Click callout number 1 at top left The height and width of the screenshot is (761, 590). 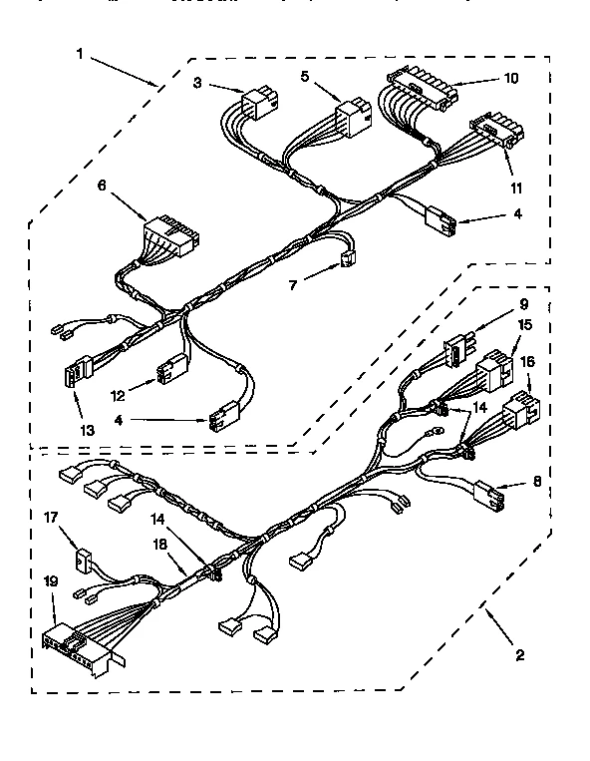pyautogui.click(x=80, y=55)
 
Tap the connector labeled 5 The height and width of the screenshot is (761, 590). pyautogui.click(x=351, y=119)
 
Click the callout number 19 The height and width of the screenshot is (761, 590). pyautogui.click(x=51, y=580)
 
